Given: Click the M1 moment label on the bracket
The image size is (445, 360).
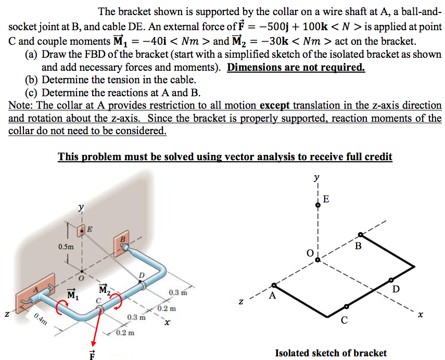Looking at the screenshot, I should coord(72,295).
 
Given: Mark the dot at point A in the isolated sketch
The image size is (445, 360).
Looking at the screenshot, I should coord(274,286).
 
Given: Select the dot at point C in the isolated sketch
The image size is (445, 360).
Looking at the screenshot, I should coord(346,307).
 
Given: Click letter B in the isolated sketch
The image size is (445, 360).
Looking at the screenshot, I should coord(357,246).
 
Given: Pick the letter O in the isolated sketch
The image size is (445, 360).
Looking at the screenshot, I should coord(309,253).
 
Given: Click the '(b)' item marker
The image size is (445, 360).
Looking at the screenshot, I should coord(32,80).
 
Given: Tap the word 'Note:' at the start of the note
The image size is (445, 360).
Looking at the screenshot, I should coord(21,105).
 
